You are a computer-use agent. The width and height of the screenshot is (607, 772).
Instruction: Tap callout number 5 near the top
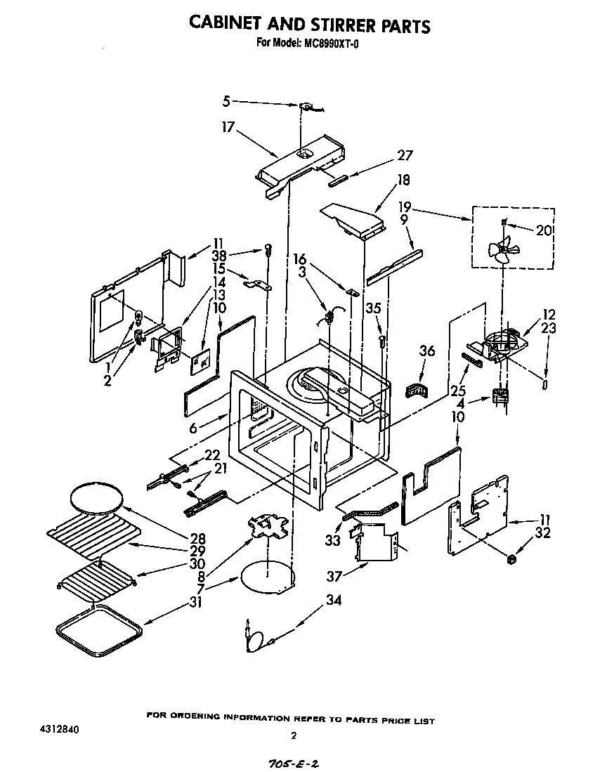tap(226, 101)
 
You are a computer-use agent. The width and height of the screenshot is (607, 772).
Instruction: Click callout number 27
tap(405, 156)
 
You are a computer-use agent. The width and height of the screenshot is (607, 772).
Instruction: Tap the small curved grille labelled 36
tap(417, 388)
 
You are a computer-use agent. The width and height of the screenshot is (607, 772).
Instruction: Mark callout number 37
tap(334, 577)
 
